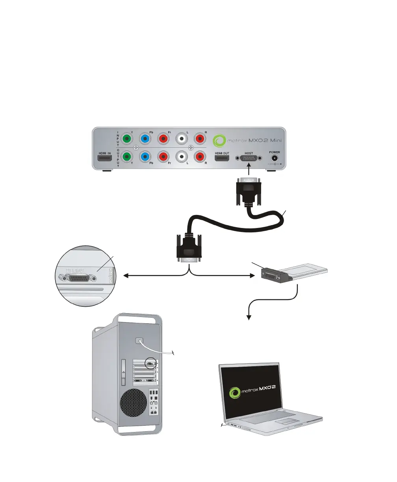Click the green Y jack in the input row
(126, 139)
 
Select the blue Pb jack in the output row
(145, 157)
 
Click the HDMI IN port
(105, 159)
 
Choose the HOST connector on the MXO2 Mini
(249, 158)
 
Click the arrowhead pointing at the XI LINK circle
(126, 276)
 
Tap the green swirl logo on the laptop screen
(236, 392)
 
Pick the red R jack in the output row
(200, 157)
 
